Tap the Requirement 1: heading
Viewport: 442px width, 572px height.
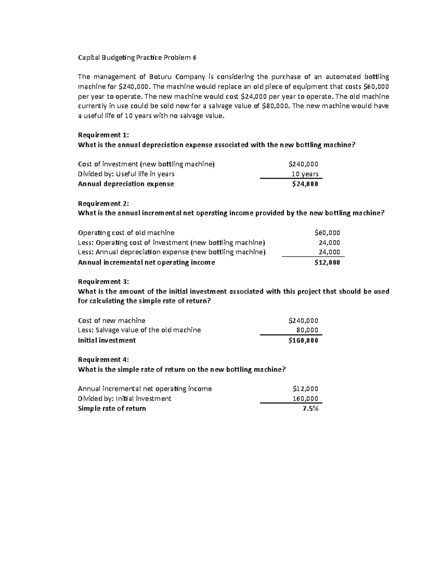pos(104,135)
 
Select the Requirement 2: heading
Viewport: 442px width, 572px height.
pos(104,204)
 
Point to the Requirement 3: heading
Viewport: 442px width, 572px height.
pos(104,282)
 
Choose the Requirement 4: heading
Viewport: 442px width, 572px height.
pos(104,359)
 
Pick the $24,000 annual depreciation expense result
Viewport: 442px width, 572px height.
pos(305,184)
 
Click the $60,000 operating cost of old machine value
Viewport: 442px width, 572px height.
pos(327,233)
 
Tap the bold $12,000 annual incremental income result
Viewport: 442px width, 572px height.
pos(327,263)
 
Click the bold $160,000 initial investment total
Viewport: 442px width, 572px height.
pos(303,340)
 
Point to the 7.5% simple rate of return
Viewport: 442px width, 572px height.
pos(310,408)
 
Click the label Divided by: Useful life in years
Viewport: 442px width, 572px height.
pos(126,174)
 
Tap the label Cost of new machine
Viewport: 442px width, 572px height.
pos(112,320)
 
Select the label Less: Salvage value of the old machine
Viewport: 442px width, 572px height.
pos(139,330)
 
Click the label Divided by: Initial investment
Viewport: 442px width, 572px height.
pos(124,399)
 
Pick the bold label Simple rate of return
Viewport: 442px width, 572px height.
pos(112,408)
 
